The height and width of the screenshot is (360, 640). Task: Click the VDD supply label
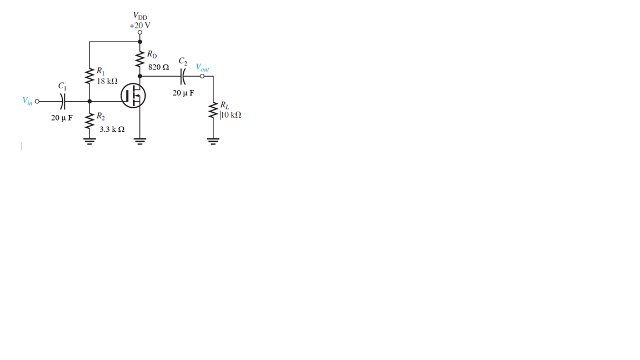click(140, 16)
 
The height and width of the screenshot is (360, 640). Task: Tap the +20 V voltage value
click(139, 26)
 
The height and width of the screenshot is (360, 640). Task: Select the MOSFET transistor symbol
click(133, 96)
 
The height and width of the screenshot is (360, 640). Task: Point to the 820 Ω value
click(158, 67)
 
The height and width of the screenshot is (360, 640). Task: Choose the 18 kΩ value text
click(107, 81)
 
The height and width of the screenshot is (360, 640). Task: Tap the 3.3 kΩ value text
click(112, 129)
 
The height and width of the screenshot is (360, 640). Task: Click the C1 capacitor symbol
click(63, 102)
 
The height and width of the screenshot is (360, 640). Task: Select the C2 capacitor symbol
click(183, 76)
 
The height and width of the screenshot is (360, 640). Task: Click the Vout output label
click(202, 68)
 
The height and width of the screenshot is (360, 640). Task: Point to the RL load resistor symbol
click(212, 111)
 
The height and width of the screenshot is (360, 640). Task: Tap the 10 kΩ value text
click(231, 115)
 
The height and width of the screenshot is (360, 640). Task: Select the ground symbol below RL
click(212, 140)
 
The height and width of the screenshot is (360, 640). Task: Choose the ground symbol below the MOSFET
click(139, 140)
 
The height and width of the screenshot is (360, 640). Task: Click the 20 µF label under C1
click(62, 118)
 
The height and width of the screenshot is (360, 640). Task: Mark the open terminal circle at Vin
click(37, 102)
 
